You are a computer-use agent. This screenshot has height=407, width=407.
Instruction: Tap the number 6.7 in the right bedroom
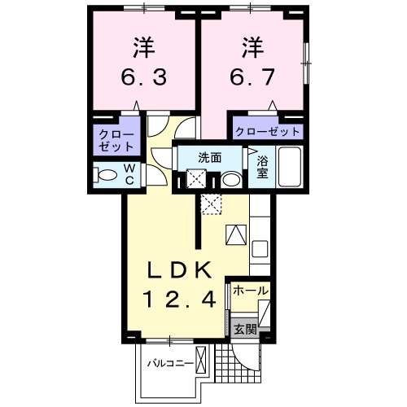[x=252, y=77]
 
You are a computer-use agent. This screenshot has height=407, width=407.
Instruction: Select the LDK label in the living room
[x=180, y=270]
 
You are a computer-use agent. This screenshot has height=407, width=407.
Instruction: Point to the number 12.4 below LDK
[x=181, y=300]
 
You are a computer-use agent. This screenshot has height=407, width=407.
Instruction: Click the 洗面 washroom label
[x=211, y=157]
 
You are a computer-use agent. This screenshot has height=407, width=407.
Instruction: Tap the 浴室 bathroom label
[x=262, y=166]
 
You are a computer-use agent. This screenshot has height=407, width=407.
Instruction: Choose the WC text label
[x=129, y=174]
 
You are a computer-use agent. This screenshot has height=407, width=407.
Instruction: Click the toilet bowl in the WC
[x=106, y=174]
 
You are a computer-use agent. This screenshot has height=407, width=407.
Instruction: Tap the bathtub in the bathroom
[x=290, y=168]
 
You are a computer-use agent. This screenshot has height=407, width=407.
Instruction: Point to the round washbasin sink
[x=231, y=178]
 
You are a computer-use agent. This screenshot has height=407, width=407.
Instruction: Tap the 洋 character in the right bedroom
[x=252, y=46]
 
